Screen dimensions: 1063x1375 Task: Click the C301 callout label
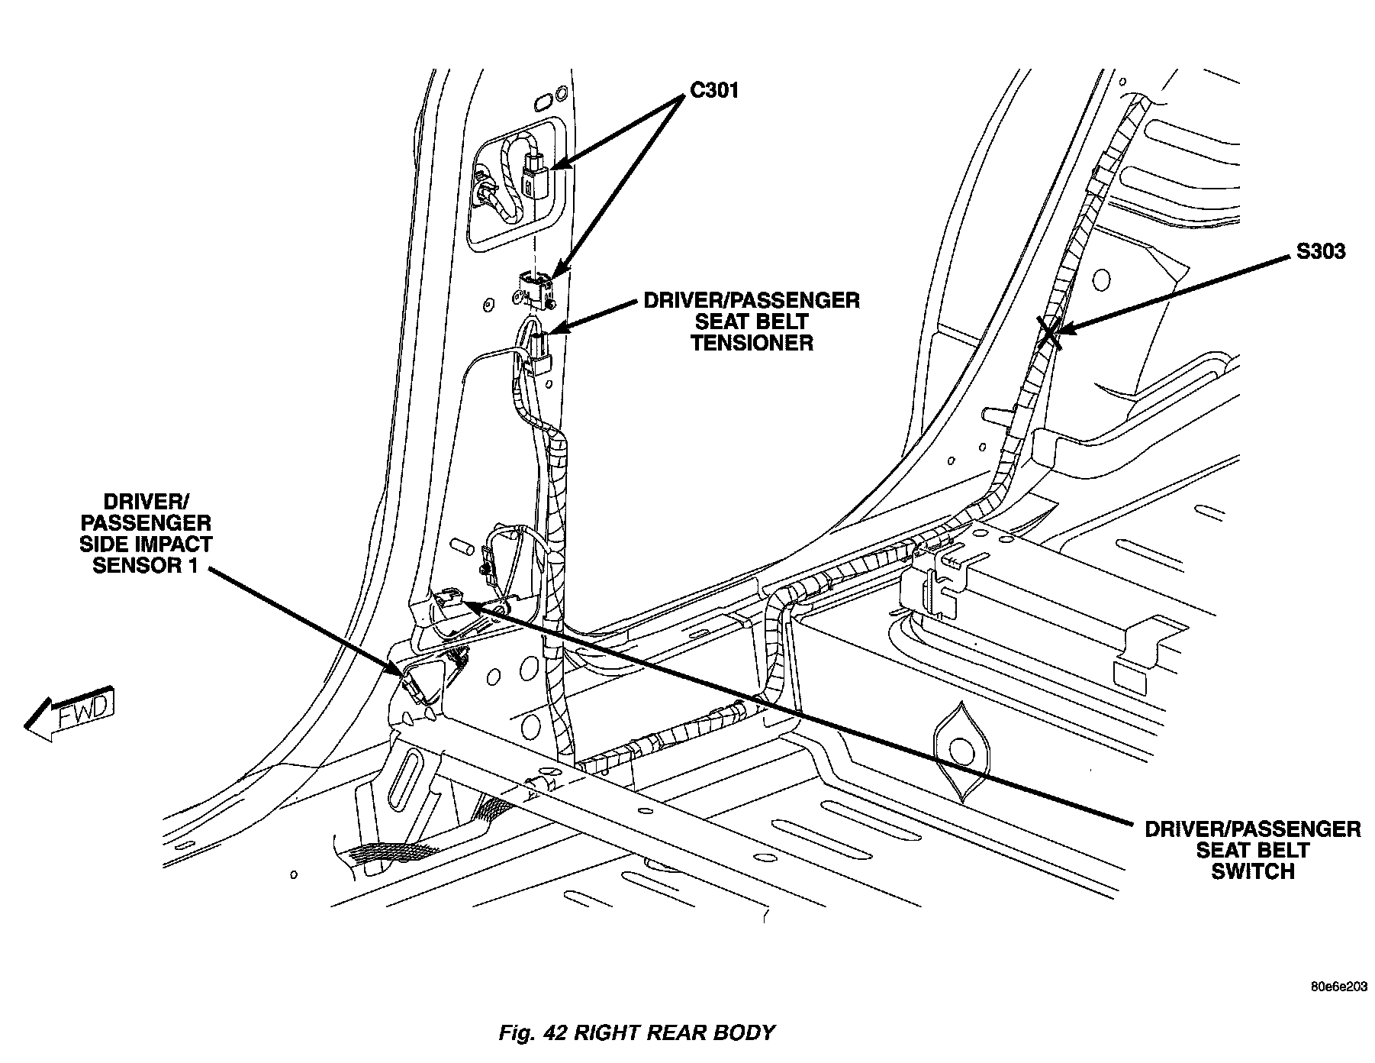tap(714, 91)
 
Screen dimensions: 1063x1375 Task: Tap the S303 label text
tap(1320, 252)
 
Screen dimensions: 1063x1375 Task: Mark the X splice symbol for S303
tap(1049, 334)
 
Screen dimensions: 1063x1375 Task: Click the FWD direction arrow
tap(70, 712)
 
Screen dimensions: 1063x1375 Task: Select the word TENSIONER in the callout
tap(752, 343)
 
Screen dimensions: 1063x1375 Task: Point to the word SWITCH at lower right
tap(1253, 871)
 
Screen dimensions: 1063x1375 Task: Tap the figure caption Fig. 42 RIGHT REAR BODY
tap(636, 1033)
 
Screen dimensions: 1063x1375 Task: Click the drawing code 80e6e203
tap(1339, 987)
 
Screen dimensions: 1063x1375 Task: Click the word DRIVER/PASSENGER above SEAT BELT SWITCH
tap(1253, 829)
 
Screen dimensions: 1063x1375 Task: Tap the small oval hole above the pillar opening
tap(545, 102)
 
